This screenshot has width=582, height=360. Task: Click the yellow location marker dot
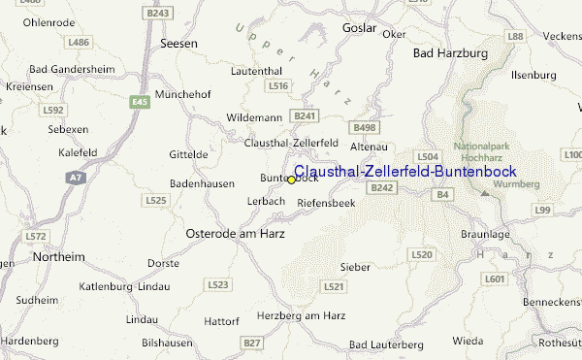[x=291, y=180]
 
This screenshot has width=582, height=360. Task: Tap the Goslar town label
[x=359, y=28]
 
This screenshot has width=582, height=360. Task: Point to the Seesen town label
[x=178, y=45]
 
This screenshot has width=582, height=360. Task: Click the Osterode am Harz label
[x=228, y=234]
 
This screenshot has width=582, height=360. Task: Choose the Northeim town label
[x=58, y=256]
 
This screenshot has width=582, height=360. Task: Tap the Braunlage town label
[x=483, y=234]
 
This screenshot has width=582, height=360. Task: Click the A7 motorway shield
[x=76, y=178]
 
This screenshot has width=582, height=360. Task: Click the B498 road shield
[x=366, y=127]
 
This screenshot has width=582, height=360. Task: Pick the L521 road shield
[x=334, y=286]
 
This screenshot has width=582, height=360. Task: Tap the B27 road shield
[x=252, y=343]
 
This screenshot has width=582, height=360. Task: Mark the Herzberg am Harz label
[x=302, y=315]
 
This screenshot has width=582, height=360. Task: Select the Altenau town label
[x=368, y=146]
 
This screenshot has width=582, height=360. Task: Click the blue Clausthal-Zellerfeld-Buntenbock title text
[x=404, y=172]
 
